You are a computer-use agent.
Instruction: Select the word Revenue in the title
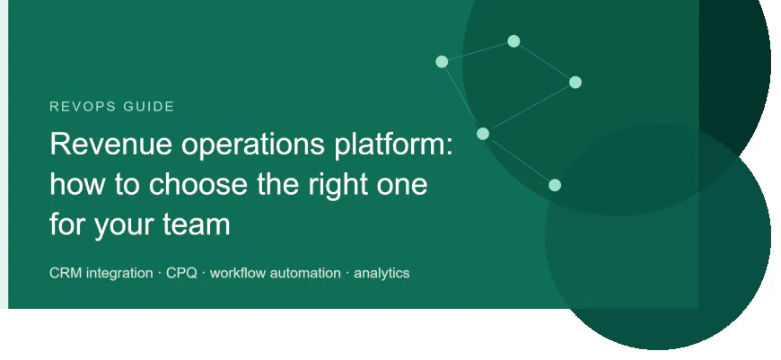click(x=111, y=144)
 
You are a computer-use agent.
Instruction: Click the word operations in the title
click(x=252, y=145)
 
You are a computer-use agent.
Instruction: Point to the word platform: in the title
click(x=393, y=145)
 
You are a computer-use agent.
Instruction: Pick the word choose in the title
click(x=198, y=184)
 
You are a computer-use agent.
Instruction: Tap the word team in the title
click(x=197, y=224)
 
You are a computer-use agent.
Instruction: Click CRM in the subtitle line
click(x=66, y=273)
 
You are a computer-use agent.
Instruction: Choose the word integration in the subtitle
click(x=119, y=274)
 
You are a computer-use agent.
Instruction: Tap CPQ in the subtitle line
click(x=181, y=273)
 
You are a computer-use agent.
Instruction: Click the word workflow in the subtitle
click(x=237, y=273)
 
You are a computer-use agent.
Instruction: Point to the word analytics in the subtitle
click(x=382, y=274)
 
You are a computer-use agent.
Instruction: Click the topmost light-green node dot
click(x=513, y=41)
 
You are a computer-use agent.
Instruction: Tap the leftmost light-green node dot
click(x=442, y=62)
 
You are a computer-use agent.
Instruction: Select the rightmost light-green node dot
click(x=575, y=83)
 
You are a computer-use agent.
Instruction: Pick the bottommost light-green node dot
click(x=555, y=185)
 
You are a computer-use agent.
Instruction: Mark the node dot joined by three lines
click(x=483, y=134)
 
